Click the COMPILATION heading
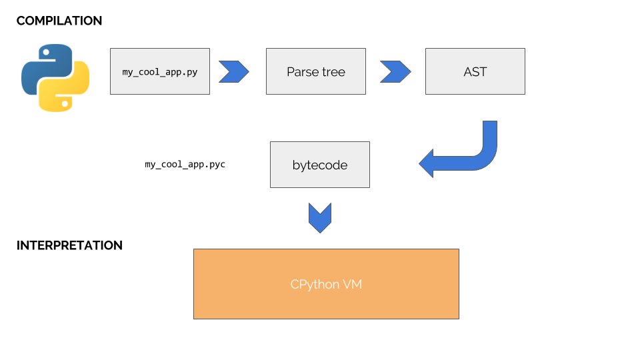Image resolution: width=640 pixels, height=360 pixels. coord(59,21)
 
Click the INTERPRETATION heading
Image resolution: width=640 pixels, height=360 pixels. coord(69,245)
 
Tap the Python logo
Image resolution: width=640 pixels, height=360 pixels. coord(55,77)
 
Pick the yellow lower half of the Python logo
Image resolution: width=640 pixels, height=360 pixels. coord(67,90)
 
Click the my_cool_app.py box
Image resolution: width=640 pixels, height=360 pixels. coord(159,71)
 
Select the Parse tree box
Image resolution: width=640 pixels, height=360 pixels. coord(315,71)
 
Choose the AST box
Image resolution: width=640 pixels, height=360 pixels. coord(475,71)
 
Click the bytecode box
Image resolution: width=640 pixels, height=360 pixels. coord(319,165)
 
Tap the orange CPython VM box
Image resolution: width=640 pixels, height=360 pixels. coord(326,284)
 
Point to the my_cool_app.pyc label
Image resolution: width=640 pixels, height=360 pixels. coord(185,164)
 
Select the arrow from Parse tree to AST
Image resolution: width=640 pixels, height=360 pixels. coord(395,71)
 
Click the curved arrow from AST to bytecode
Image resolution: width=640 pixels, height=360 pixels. coord(480,157)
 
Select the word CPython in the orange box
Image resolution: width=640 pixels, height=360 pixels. coord(313,285)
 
